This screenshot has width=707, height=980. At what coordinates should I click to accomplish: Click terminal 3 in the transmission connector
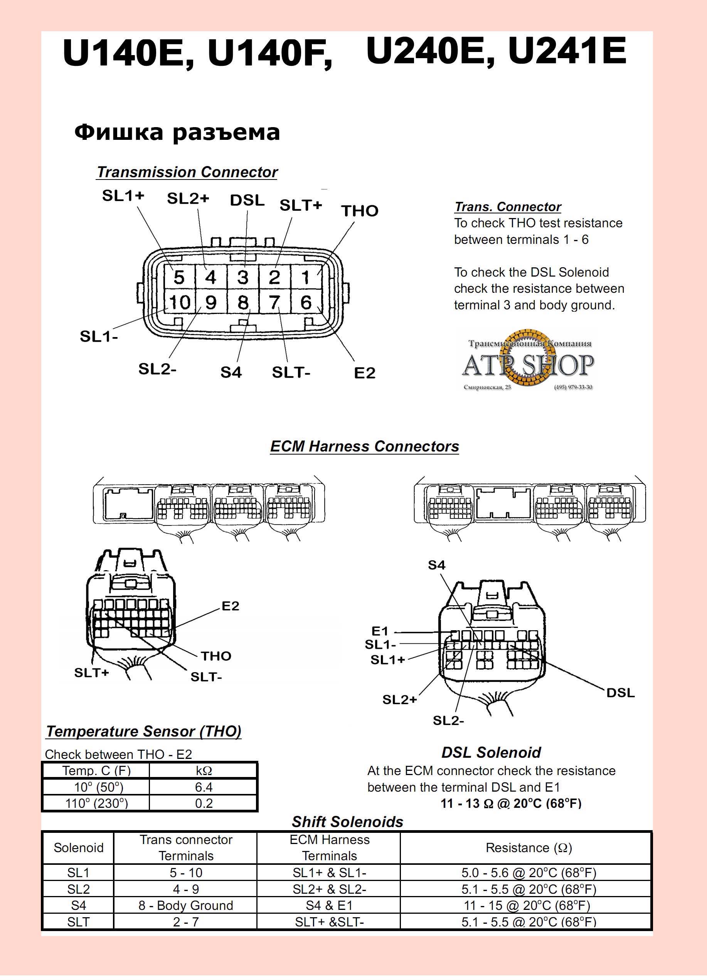point(243,277)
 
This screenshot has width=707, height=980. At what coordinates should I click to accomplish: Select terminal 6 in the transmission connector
point(306,302)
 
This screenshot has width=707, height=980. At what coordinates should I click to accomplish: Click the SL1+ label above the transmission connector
point(123,196)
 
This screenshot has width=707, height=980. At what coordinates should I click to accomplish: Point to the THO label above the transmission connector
point(360,211)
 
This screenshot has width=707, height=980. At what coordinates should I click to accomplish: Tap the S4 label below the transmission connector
point(231,373)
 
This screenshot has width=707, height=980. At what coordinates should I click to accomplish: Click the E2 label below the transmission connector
point(365,373)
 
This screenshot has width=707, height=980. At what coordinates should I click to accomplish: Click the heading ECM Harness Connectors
point(365,446)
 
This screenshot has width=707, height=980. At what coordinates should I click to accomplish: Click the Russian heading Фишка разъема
point(177,132)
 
